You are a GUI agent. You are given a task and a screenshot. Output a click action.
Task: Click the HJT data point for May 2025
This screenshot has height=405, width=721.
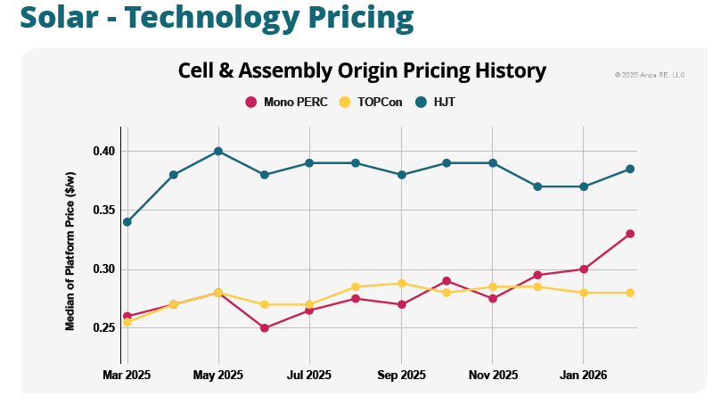pos(218,152)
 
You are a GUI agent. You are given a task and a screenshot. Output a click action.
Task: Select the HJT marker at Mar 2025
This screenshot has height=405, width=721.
pos(127,222)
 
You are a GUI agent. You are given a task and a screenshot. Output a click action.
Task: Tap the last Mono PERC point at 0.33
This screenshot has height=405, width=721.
pos(629,234)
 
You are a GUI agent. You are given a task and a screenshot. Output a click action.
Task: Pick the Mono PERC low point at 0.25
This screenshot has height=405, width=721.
pos(264,328)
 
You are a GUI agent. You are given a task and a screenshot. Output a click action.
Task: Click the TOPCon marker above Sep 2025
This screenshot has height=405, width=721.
pos(402,284)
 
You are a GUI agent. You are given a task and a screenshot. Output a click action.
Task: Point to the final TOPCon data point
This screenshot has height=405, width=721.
pos(629,293)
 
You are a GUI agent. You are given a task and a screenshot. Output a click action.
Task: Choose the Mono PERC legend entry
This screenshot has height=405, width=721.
pos(287,102)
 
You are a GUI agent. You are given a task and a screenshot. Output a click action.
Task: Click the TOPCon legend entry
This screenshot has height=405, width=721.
pos(372,102)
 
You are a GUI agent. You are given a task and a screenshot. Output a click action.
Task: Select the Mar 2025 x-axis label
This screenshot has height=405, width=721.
pos(127,376)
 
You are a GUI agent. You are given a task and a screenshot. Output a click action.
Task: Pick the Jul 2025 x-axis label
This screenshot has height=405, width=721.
pos(308,376)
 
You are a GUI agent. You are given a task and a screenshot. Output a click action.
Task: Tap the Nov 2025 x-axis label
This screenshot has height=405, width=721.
pos(492,376)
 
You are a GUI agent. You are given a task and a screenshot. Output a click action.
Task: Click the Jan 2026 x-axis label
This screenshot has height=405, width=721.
pos(583,376)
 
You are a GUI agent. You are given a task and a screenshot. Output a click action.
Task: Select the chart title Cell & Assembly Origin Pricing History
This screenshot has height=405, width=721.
pos(362,71)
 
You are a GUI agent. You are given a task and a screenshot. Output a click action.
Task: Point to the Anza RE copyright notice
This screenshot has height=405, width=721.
pos(650,74)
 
